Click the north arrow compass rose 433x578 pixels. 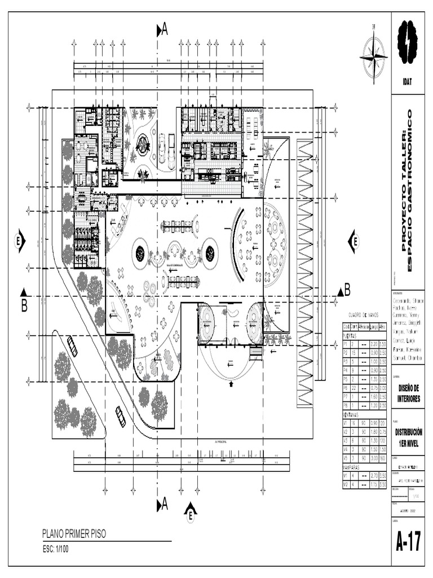(373, 56)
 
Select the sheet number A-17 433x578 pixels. (408, 542)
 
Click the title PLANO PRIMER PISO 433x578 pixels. (73, 534)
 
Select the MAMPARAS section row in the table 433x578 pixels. (355, 467)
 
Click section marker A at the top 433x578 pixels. (162, 31)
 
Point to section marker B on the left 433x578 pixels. (24, 301)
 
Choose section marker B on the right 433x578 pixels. (344, 291)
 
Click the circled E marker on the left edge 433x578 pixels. (19, 242)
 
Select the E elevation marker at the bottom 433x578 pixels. (191, 512)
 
